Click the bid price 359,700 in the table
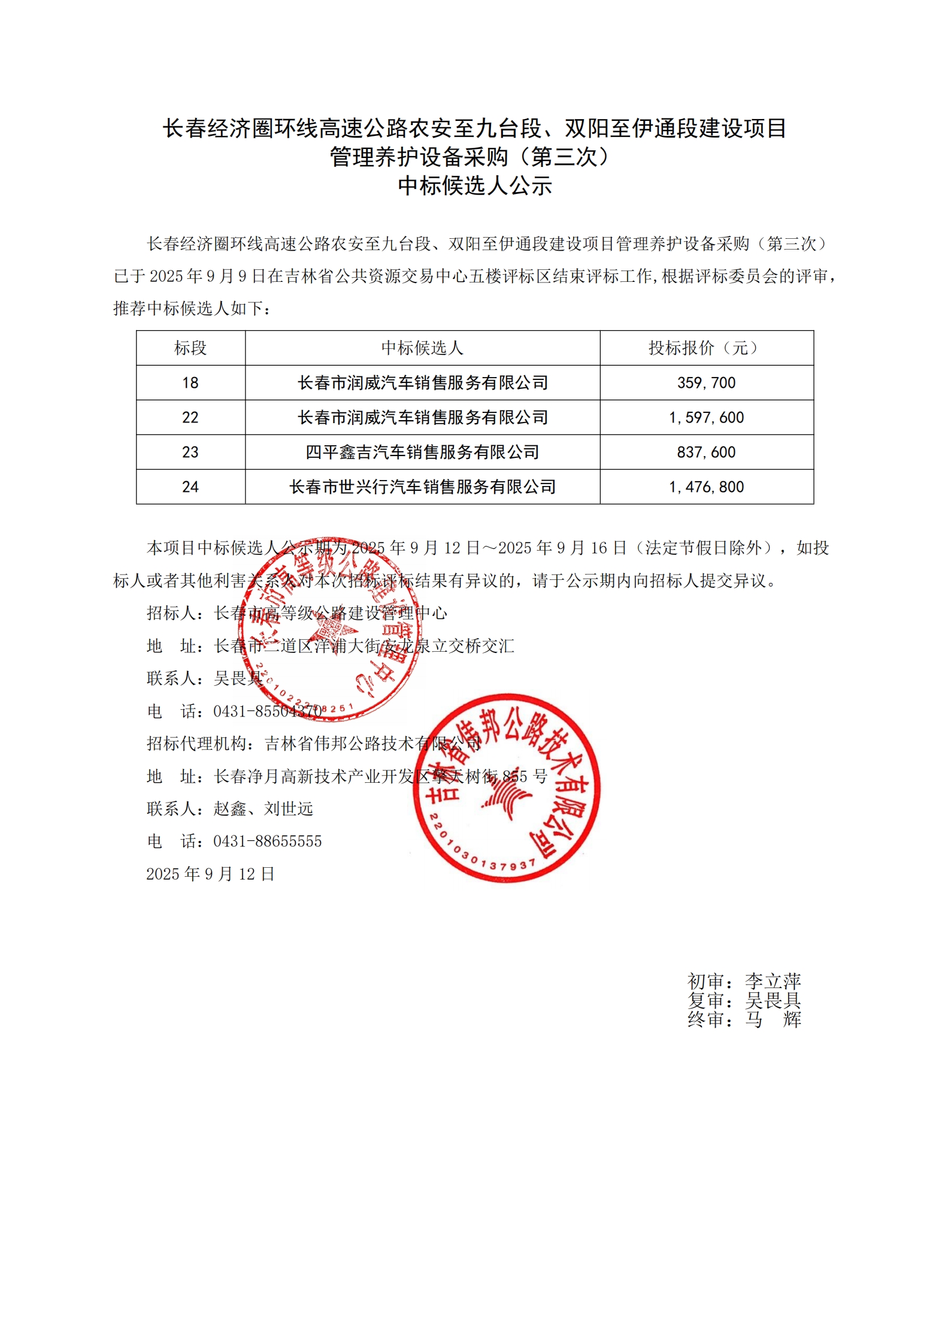click(x=706, y=383)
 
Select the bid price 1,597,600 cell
click(x=706, y=418)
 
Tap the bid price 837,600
click(x=706, y=452)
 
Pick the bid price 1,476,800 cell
click(x=706, y=487)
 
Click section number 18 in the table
click(x=190, y=383)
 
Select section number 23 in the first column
click(x=190, y=452)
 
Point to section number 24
click(x=190, y=487)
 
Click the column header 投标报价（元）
click(x=706, y=348)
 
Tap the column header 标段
click(x=190, y=348)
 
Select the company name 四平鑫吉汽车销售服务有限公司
click(x=422, y=452)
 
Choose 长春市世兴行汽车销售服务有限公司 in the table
click(x=422, y=487)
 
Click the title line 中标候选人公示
click(x=475, y=186)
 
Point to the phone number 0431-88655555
click(x=267, y=841)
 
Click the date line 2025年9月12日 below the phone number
click(x=210, y=874)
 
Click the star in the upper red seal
click(x=333, y=630)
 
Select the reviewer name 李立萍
click(x=773, y=982)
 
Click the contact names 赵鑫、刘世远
click(x=264, y=809)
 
